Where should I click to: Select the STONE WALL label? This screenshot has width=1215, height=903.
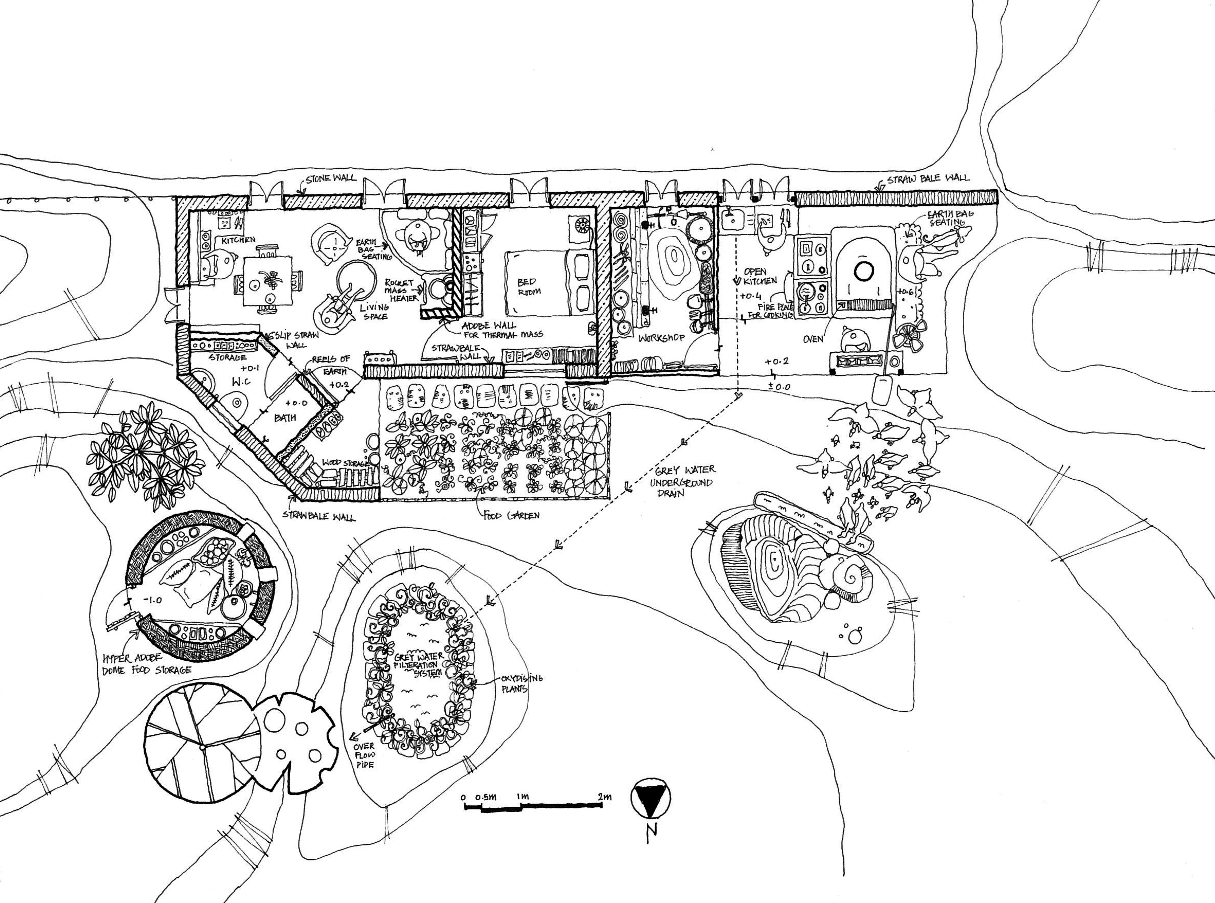(x=330, y=178)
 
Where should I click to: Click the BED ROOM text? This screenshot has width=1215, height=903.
(x=528, y=286)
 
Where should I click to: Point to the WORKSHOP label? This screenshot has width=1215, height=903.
(x=661, y=338)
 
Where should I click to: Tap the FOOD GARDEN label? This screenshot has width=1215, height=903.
(x=511, y=515)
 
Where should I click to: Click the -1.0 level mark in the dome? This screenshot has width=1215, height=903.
(x=153, y=600)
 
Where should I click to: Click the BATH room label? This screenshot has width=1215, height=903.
(x=285, y=418)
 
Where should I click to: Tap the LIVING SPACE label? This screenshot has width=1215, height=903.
(x=374, y=312)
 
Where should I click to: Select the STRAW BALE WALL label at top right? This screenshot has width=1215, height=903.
(x=928, y=178)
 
